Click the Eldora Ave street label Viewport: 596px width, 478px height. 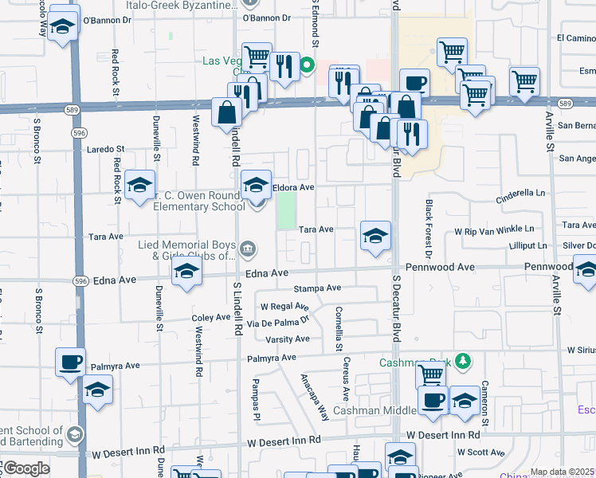[294, 187]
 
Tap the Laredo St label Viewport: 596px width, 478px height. [106, 148]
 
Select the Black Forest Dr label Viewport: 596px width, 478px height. [428, 229]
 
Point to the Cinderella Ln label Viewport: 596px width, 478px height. [521, 193]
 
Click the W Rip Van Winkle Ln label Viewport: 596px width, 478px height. [500, 229]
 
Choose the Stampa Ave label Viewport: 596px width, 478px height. [317, 288]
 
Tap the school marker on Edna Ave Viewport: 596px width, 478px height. [186, 272]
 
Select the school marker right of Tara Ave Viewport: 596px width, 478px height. [375, 235]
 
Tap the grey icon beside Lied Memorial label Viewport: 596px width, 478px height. [248, 250]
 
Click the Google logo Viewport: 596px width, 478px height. [25, 468]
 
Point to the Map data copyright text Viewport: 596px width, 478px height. [562, 472]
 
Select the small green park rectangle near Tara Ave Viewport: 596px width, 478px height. [284, 210]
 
